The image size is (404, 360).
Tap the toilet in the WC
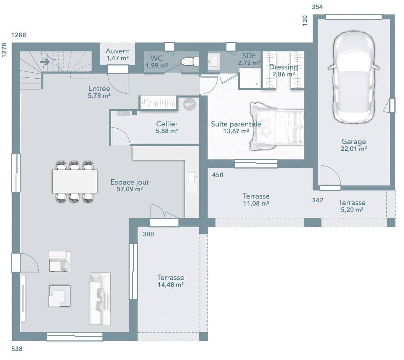189,62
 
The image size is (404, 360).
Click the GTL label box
123,113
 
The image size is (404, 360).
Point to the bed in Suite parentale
276,126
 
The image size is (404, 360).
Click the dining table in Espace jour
75,181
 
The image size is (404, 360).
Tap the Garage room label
353,142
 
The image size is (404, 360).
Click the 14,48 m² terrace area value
170,285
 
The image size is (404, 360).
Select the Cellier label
167,124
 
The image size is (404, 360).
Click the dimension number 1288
19,35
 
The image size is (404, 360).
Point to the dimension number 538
17,349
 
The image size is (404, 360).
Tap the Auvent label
117,51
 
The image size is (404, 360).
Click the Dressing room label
283,67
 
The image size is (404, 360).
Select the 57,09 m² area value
130,189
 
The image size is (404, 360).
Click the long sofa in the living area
100,298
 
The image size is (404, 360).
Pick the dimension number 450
218,175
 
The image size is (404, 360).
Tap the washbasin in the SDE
213,62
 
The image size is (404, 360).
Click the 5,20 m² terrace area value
352,209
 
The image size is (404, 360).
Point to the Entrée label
99,89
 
